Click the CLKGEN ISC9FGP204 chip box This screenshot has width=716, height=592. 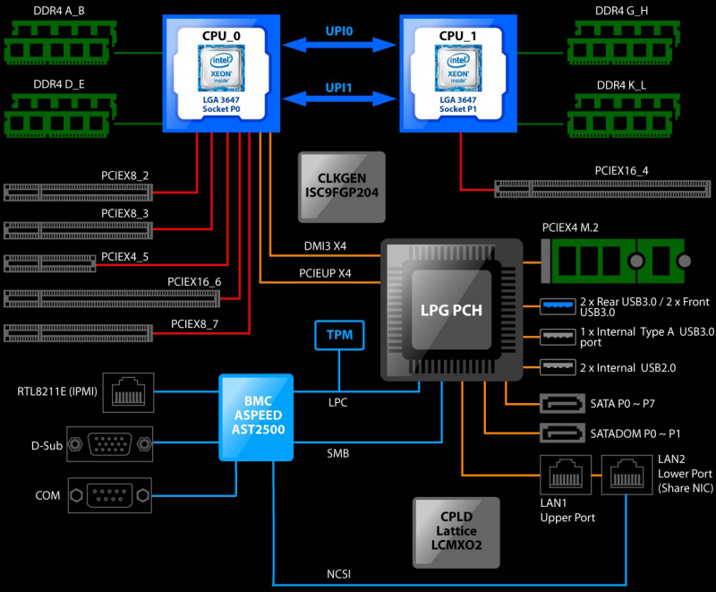coord(341,186)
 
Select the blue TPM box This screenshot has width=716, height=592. coord(339,335)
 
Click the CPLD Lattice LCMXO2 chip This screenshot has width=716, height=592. coord(456,531)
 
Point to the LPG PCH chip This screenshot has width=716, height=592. coord(452,311)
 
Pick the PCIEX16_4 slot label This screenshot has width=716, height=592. coord(621,170)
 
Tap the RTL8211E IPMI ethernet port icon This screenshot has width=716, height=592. coord(129,391)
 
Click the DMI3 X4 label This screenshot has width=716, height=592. coord(326,245)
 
